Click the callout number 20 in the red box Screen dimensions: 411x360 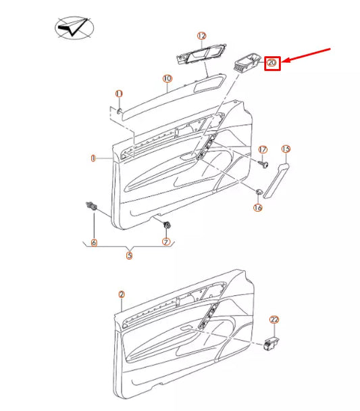[x=272, y=63]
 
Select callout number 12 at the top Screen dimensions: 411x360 [x=201, y=35]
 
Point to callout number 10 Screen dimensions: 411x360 [x=168, y=79]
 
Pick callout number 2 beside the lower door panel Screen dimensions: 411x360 [x=122, y=294]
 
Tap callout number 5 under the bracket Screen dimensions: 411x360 [x=129, y=256]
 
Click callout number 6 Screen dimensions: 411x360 [x=93, y=242]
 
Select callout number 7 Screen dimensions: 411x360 [x=165, y=242]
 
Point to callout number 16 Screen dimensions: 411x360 [x=257, y=208]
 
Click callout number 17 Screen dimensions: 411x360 [x=263, y=149]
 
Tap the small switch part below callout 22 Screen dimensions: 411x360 [x=274, y=344]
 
